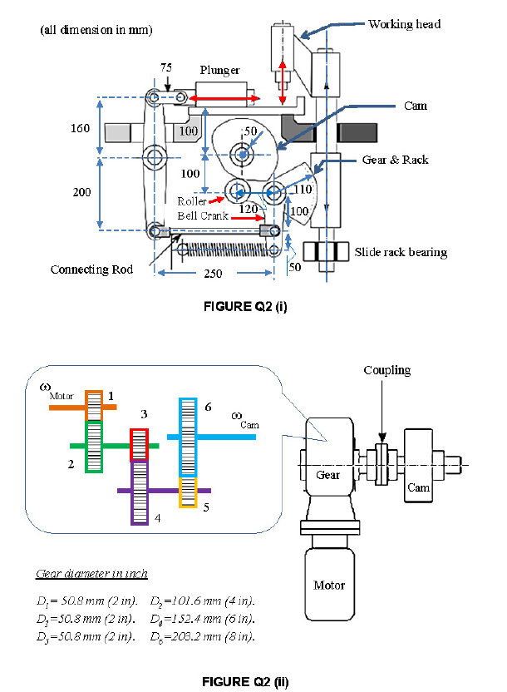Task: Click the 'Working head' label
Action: tap(404, 24)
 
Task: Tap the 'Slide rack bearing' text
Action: tap(401, 252)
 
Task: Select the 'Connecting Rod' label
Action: tap(91, 269)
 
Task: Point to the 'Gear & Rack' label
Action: tap(396, 159)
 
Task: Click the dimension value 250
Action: tap(213, 274)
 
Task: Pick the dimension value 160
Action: tap(80, 129)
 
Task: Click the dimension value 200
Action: tap(81, 192)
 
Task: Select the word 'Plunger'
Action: tap(219, 71)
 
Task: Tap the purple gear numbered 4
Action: tap(139, 492)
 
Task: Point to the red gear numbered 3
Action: tap(139, 445)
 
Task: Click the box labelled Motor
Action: tap(329, 586)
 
